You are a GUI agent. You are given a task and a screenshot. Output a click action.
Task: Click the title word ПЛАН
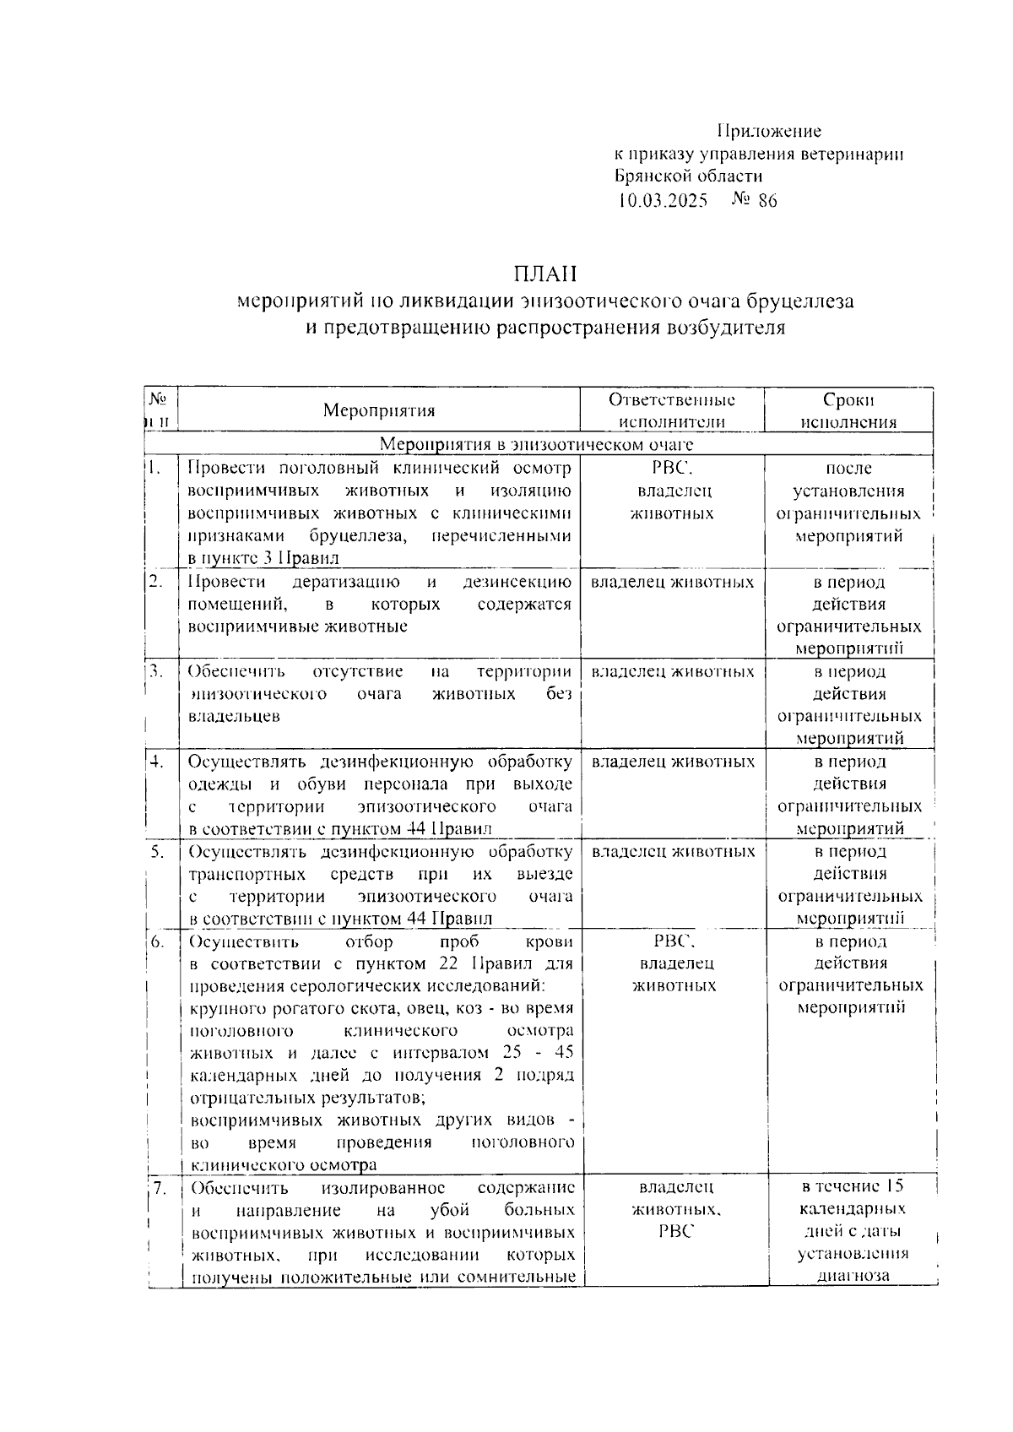(543, 275)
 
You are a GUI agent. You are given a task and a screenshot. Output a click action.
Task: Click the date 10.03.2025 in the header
(663, 201)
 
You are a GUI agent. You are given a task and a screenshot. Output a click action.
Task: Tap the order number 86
(767, 201)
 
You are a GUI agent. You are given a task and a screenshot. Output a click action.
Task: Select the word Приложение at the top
(768, 132)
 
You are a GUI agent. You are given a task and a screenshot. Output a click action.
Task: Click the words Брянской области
(688, 176)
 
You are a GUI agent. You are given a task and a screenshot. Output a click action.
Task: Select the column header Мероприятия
(379, 411)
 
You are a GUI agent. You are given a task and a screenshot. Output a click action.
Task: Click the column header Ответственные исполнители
(672, 411)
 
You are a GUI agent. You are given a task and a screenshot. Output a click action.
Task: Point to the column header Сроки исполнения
(848, 411)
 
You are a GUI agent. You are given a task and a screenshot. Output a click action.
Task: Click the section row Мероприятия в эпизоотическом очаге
(536, 444)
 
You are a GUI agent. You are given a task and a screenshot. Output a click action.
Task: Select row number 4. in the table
(157, 762)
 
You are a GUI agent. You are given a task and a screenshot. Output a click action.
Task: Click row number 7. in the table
(159, 1188)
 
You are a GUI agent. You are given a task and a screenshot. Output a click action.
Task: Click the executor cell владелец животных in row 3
(673, 672)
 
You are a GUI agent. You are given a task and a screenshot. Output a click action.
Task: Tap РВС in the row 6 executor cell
(673, 941)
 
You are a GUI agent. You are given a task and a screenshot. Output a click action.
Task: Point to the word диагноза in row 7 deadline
(853, 1277)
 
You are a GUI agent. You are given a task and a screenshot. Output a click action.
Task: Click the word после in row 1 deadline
(848, 469)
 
